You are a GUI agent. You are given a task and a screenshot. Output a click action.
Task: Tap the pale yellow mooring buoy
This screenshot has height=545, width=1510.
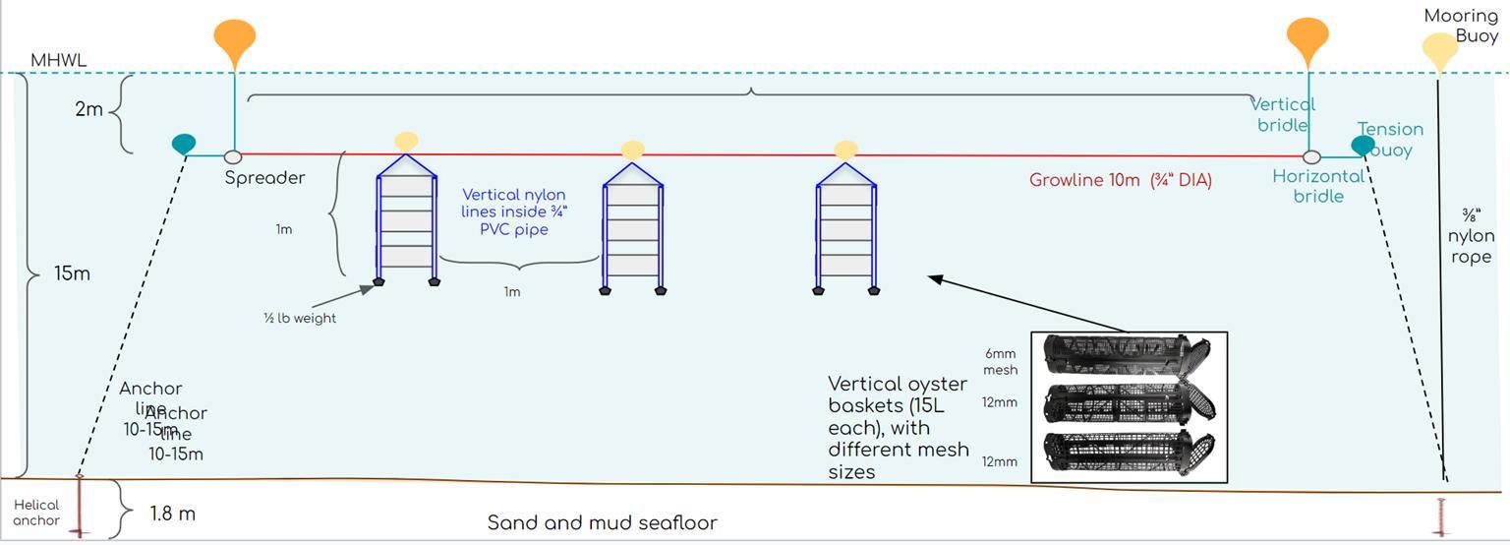(1440, 50)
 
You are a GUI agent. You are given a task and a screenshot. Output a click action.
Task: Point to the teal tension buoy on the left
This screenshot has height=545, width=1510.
(184, 144)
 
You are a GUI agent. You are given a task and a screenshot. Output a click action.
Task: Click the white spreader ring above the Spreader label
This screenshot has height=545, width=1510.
(233, 156)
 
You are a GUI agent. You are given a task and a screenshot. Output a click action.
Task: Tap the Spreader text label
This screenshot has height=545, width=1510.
(264, 178)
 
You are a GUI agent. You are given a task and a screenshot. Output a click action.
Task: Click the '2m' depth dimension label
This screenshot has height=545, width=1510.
(88, 109)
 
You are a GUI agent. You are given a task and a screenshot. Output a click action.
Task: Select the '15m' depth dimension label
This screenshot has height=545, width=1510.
(72, 273)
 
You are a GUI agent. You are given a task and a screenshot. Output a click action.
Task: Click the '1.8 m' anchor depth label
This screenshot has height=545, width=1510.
(172, 514)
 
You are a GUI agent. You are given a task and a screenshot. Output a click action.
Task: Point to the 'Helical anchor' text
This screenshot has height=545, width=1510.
(36, 513)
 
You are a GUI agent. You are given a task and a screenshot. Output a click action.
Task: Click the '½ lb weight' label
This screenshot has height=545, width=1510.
(300, 318)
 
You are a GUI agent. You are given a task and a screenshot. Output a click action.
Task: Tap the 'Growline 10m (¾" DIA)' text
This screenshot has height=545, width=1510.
(1120, 180)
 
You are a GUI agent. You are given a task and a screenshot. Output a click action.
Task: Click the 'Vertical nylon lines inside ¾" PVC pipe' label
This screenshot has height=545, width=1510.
(514, 212)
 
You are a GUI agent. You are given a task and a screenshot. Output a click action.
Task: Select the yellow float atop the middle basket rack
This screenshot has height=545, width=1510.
(633, 151)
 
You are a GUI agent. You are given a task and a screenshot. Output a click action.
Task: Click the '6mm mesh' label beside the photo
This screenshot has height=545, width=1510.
(1000, 361)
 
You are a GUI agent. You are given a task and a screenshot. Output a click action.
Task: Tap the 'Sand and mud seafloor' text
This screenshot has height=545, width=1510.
(602, 522)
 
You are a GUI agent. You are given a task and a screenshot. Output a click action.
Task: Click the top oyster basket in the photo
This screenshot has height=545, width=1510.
(1126, 356)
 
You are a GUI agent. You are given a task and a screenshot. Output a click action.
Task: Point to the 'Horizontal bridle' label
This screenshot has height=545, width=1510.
(1317, 186)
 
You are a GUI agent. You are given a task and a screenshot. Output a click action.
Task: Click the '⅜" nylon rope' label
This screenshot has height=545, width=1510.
(1471, 236)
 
